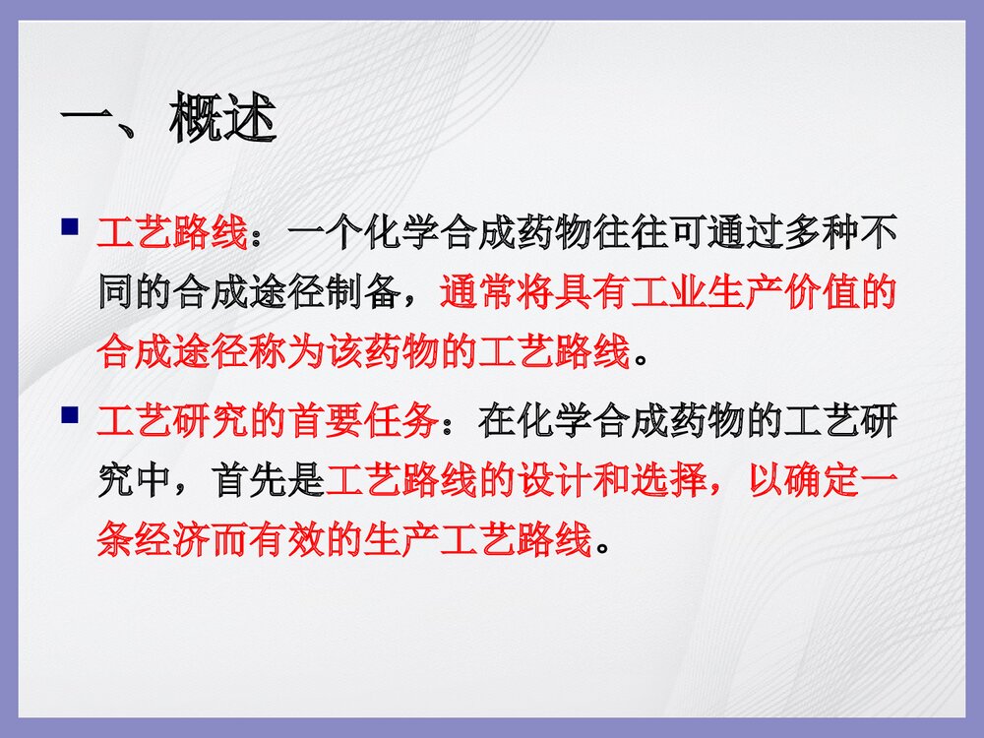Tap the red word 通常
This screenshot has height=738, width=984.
[476, 293]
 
